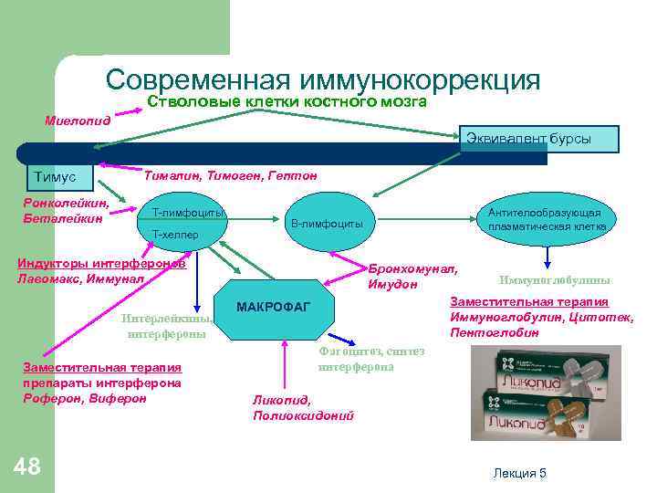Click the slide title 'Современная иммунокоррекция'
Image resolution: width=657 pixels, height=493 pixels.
323,79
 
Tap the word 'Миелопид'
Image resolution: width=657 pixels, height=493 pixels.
78,120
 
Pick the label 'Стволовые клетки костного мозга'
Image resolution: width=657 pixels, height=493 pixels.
287,102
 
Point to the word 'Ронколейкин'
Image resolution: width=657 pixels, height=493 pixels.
67,203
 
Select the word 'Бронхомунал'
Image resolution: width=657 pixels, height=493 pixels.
412,269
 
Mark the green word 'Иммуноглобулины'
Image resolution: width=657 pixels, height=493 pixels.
555,280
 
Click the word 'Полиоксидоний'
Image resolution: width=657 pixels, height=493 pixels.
303,415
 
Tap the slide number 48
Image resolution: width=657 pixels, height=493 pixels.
28,467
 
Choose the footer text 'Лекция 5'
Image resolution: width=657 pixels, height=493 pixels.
518,472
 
